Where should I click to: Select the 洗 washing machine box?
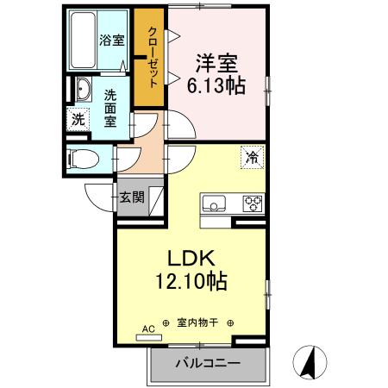(77, 120)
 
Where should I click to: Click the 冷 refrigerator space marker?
(253, 158)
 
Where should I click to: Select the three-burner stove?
(253, 204)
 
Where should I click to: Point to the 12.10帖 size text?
(191, 281)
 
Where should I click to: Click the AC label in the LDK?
(147, 329)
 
